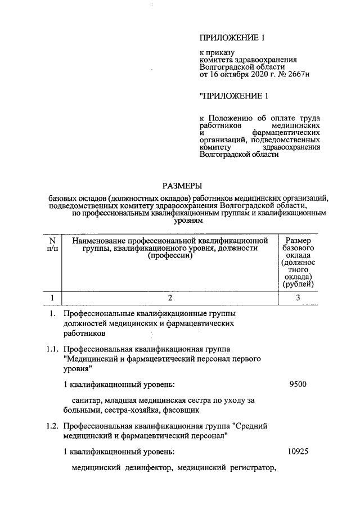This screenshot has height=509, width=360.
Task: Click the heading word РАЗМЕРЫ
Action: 181,186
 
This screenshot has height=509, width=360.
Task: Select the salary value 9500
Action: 298,385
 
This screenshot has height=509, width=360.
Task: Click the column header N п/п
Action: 52,244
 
